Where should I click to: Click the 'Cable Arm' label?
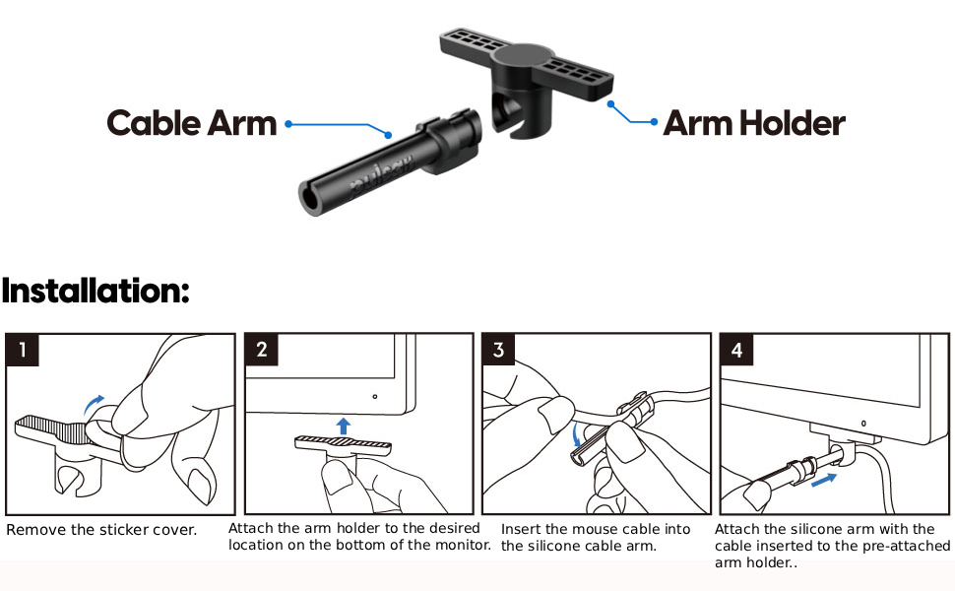coord(192,123)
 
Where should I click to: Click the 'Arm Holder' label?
coord(754,123)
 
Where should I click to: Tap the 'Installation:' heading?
coord(95,291)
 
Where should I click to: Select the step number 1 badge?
coord(23,350)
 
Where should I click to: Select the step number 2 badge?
coord(261,349)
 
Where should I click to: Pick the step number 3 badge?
coord(499,349)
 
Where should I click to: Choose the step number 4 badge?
coord(737,350)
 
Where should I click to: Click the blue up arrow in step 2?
coord(344,426)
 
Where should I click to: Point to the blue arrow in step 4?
coord(824,480)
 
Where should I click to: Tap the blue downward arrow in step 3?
coord(577,435)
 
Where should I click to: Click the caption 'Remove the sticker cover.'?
coord(101,530)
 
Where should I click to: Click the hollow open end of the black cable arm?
coord(312,198)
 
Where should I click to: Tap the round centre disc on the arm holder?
coord(523,56)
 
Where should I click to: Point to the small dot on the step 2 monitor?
coord(374,397)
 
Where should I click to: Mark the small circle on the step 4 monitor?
coord(863,423)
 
